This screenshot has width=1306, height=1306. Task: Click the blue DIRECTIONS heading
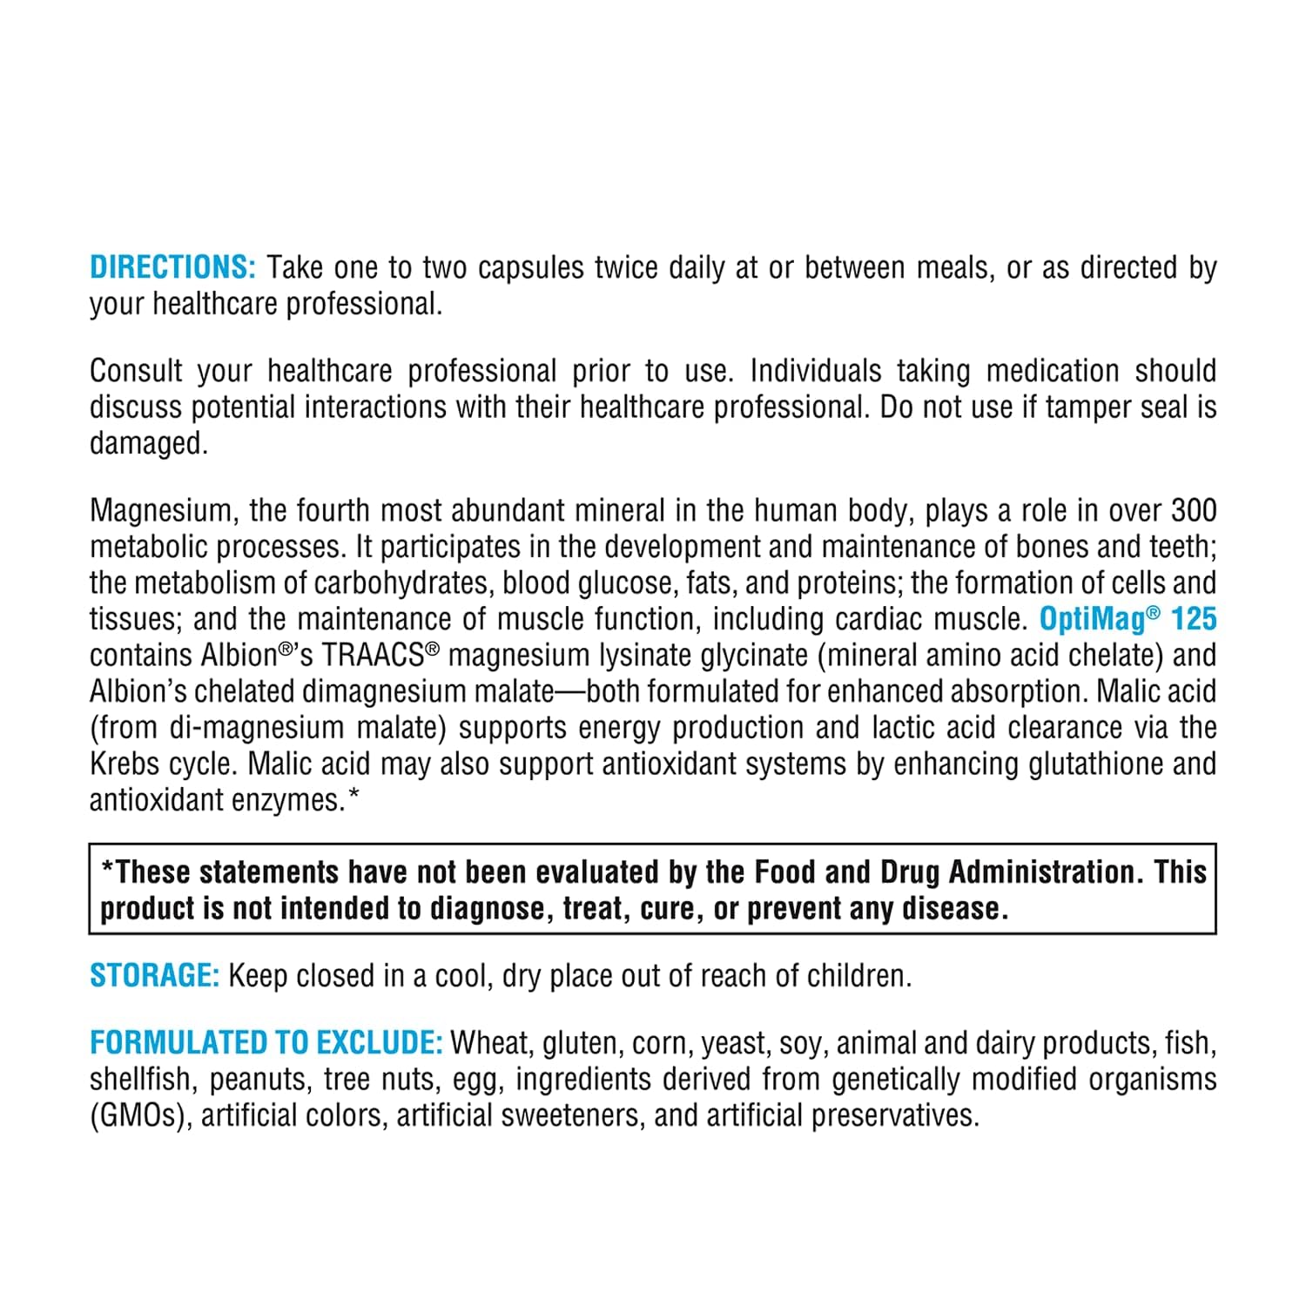(172, 267)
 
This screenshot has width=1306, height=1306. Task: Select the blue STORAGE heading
(154, 976)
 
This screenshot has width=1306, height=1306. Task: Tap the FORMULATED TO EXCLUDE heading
(266, 1043)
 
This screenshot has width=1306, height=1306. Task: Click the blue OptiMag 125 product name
(1128, 619)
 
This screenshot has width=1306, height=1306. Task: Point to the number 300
(1193, 510)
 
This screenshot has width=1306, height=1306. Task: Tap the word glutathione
(1095, 764)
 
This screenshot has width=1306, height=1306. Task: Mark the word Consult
(136, 372)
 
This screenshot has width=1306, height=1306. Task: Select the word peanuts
(259, 1080)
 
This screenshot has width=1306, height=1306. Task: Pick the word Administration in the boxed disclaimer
(1045, 872)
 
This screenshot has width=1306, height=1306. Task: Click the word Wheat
(490, 1043)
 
